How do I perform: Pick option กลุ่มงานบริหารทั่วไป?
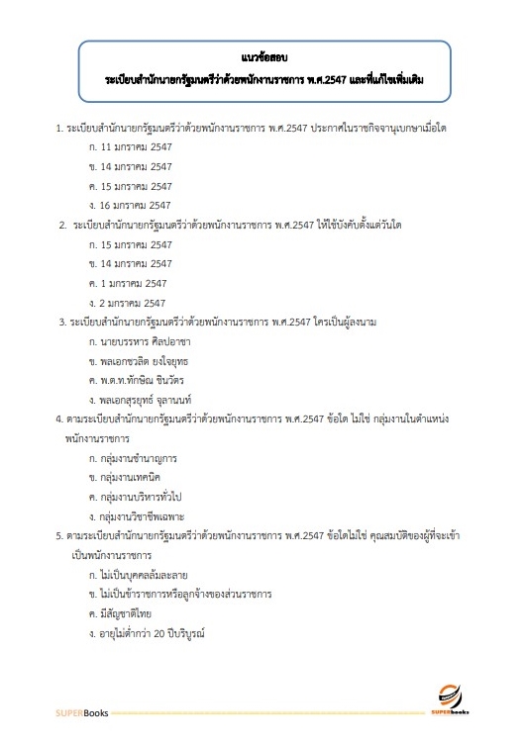[145, 497]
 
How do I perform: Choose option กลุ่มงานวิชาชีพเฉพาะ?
[146, 516]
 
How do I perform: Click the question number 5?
[59, 535]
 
